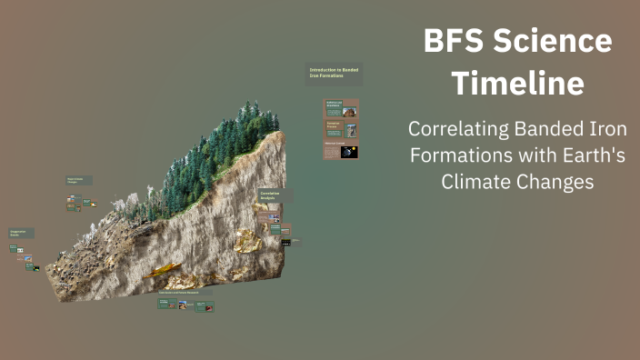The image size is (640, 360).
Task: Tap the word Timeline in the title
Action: pyautogui.click(x=518, y=84)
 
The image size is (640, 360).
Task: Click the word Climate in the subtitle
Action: pyautogui.click(x=477, y=182)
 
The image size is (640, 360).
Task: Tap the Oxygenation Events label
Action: pyautogui.click(x=22, y=234)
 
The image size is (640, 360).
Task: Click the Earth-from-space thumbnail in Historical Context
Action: pyautogui.click(x=349, y=152)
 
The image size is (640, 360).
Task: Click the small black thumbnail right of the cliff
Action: pyautogui.click(x=286, y=243)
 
